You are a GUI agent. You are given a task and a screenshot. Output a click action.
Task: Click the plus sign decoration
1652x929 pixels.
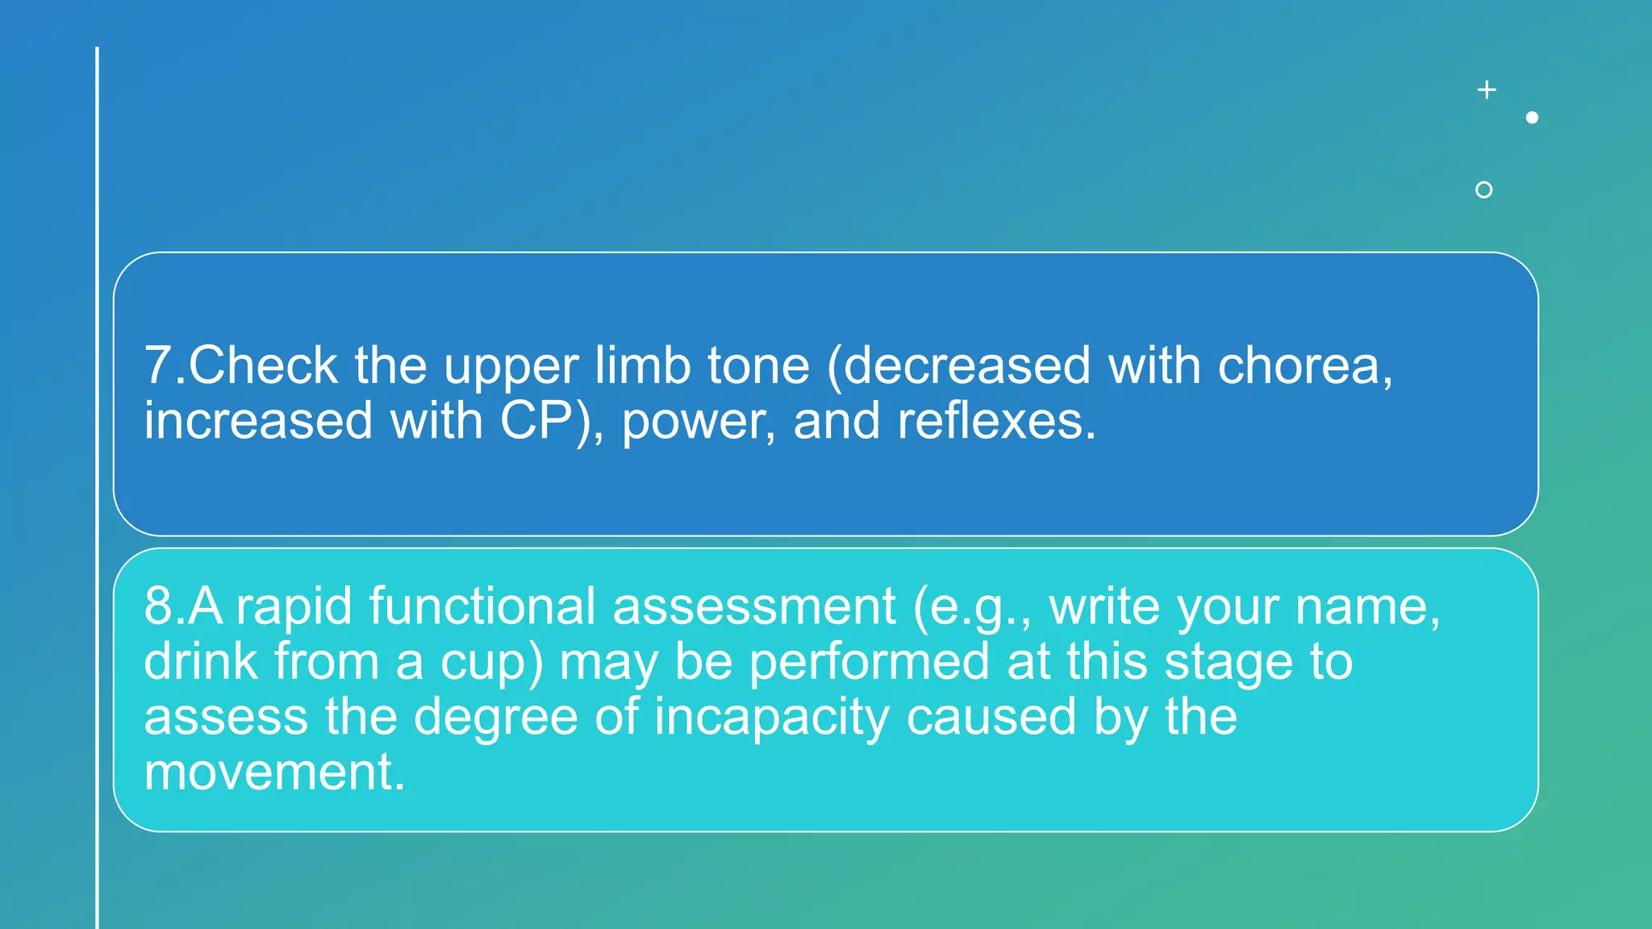(1487, 90)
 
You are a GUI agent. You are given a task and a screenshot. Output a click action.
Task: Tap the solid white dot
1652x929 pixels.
(1532, 118)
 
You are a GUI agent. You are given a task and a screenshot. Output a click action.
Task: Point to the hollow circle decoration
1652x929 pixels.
(1483, 190)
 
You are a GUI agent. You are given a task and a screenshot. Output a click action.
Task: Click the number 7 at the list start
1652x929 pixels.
(159, 365)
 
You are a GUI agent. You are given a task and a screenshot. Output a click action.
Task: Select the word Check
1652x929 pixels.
(263, 365)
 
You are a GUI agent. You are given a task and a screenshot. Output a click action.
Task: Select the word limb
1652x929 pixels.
(642, 365)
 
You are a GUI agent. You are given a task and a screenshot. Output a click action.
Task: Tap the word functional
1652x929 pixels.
(482, 606)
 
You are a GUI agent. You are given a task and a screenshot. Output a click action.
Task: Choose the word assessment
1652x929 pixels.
(753, 606)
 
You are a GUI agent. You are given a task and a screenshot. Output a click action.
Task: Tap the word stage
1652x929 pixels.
(1227, 663)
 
